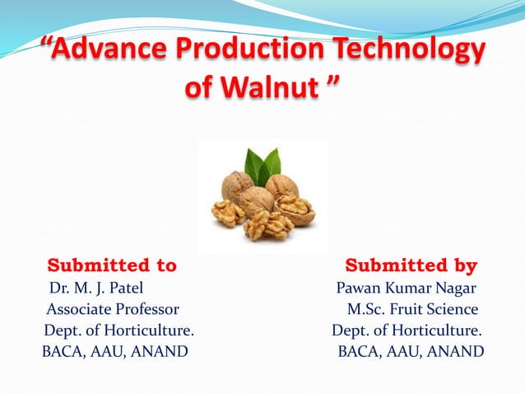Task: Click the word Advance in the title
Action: coord(108,51)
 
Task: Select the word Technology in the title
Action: coord(413,51)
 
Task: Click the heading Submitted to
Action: coord(112,265)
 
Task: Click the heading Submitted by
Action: coord(411,265)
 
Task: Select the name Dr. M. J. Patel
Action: coord(96,288)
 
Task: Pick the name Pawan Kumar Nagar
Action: coord(406,288)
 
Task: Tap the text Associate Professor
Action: coord(112,310)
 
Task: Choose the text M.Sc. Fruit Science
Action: coord(412,310)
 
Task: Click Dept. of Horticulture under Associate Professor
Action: coord(119,331)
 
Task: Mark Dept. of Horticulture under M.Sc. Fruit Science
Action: coord(407,331)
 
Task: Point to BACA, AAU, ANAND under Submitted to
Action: coord(114,353)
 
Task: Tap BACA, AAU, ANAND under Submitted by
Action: coord(411,353)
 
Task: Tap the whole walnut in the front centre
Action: coord(257,200)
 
